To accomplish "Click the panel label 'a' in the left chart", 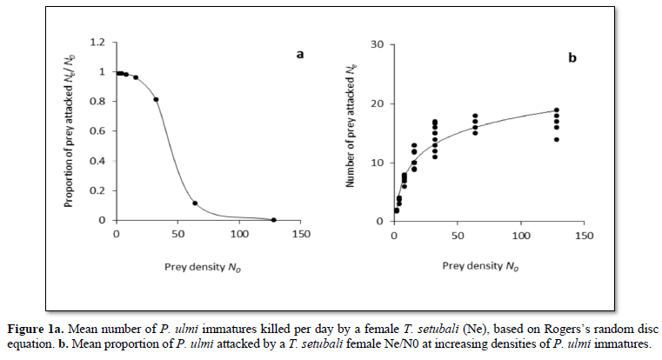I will coord(300,54).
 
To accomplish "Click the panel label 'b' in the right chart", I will coord(572,58).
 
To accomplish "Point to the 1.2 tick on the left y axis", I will coord(98,42).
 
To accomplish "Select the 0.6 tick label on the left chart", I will coord(98,131).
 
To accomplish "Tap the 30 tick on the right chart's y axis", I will coord(378,43).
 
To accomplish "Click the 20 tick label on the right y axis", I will coord(378,103).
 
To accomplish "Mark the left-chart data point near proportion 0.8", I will coord(156,99).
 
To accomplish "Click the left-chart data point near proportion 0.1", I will coord(195,203).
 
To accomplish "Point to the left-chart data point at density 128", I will coord(273,220).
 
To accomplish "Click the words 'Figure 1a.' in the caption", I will coord(38,328).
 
